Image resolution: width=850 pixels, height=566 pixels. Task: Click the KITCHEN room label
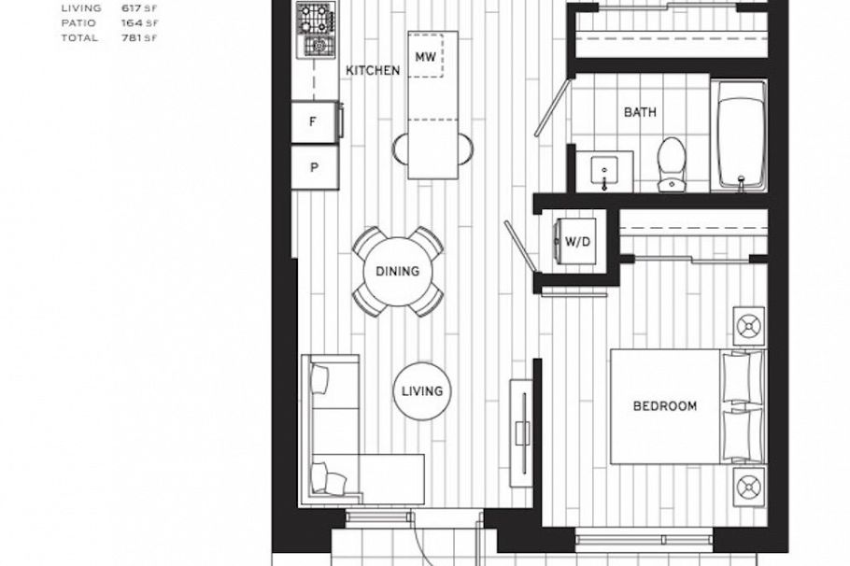pyautogui.click(x=373, y=70)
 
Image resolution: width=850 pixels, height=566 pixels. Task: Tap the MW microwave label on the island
pyautogui.click(x=426, y=56)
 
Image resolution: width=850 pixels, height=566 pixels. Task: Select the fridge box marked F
pyautogui.click(x=314, y=121)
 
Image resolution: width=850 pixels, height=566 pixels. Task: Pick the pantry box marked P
pyautogui.click(x=314, y=168)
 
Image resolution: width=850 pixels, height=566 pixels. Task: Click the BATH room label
pyautogui.click(x=640, y=112)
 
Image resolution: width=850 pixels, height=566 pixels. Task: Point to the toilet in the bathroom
pyautogui.click(x=671, y=164)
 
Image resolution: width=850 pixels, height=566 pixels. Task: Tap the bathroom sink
pyautogui.click(x=605, y=172)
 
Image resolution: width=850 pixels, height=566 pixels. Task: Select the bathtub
pyautogui.click(x=741, y=136)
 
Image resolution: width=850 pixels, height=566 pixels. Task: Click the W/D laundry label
pyautogui.click(x=577, y=242)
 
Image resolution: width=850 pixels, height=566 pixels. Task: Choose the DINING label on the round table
pyautogui.click(x=397, y=272)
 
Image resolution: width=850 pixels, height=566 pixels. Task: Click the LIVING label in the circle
pyautogui.click(x=421, y=390)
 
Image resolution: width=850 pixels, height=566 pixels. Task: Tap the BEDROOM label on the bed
pyautogui.click(x=665, y=405)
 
